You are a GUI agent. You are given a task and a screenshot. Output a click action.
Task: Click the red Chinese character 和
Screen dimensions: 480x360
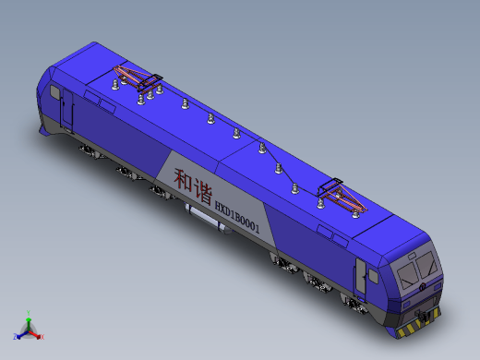tap(184, 180)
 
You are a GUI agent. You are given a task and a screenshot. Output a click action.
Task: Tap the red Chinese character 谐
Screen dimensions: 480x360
tap(202, 193)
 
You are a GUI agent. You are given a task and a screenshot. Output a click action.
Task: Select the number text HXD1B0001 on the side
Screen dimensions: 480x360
tap(237, 218)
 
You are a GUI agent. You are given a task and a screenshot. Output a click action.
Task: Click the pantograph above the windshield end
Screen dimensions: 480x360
tap(342, 196)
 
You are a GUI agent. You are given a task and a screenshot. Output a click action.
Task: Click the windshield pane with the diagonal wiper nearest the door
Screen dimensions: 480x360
tap(408, 275)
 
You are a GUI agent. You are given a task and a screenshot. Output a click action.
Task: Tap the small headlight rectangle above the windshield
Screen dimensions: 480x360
tap(412, 256)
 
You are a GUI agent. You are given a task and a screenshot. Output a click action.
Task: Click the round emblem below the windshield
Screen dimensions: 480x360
tap(423, 287)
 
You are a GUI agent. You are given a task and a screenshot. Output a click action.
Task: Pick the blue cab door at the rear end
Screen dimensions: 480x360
tap(67, 111)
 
